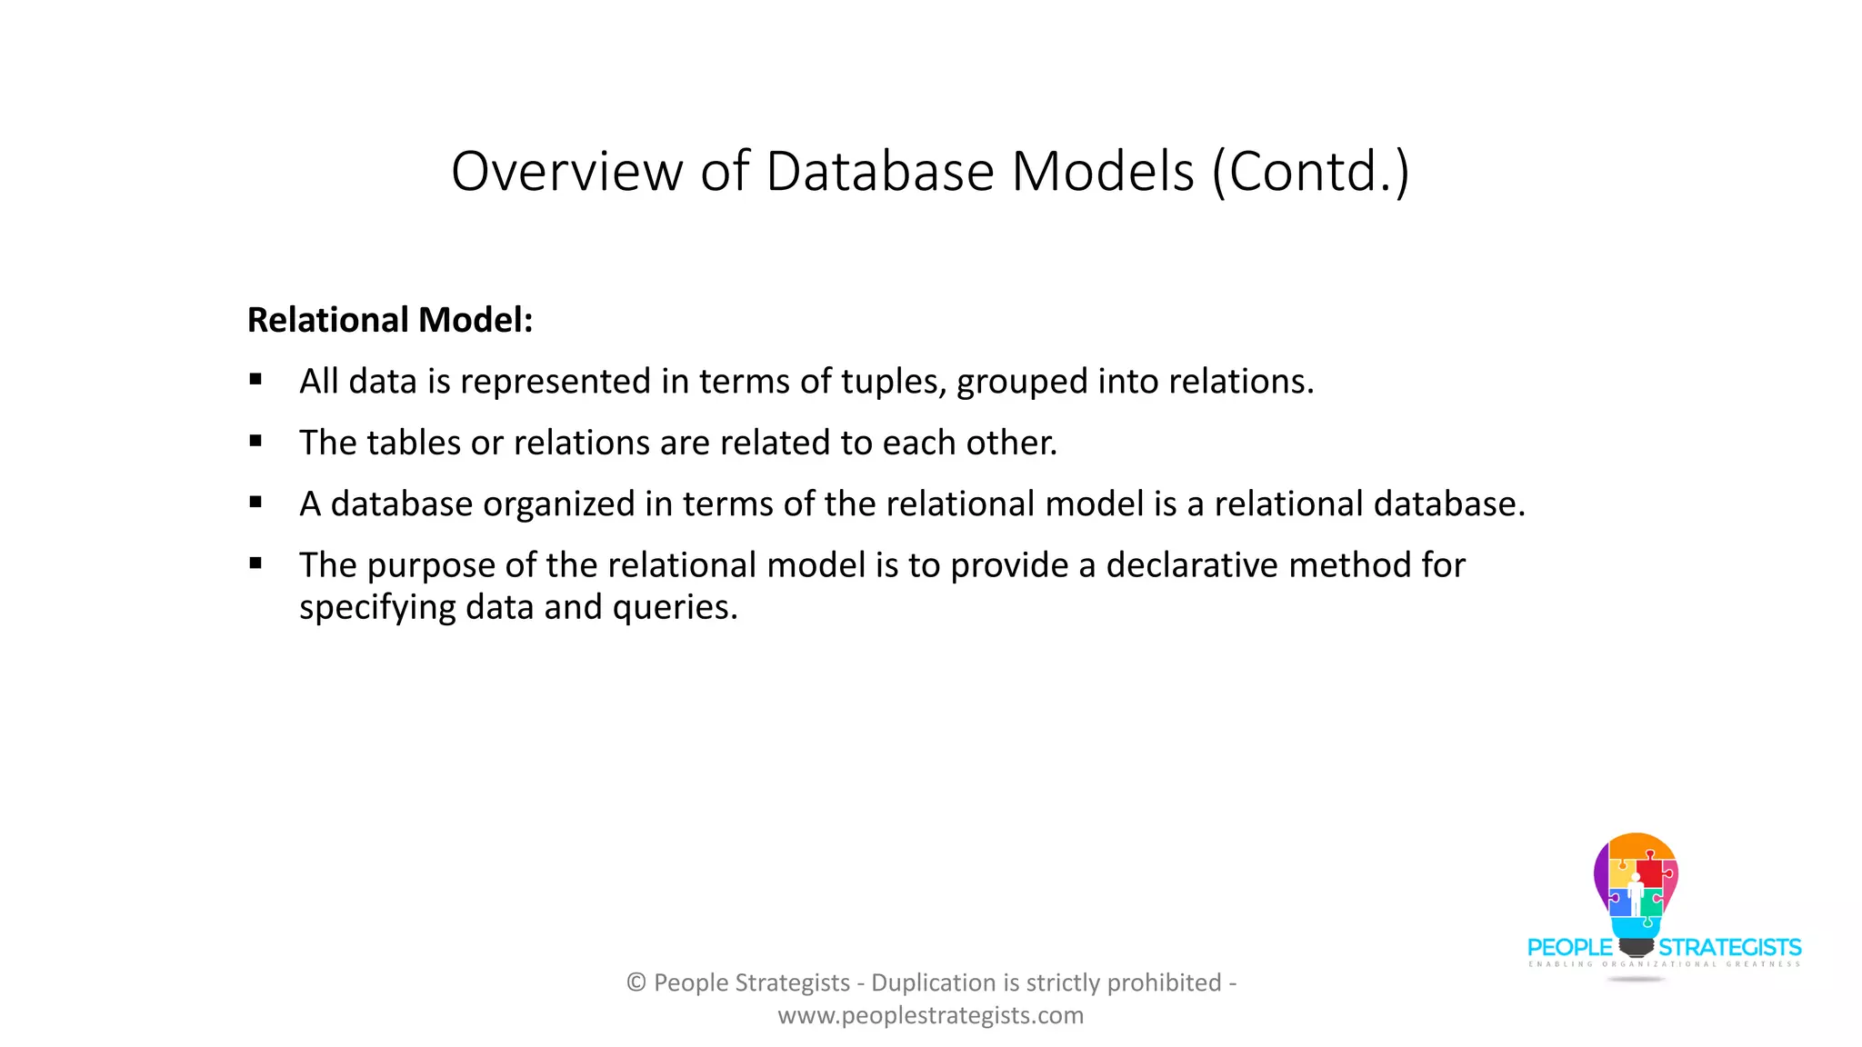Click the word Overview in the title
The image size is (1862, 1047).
pos(566,171)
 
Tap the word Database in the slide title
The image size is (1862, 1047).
pos(880,171)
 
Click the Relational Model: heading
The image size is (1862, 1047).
pos(390,320)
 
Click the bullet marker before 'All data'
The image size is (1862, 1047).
pos(255,380)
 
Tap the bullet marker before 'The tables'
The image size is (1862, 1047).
pos(255,442)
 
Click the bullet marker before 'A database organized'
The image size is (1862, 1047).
pos(255,503)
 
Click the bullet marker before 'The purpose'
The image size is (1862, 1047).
pos(255,563)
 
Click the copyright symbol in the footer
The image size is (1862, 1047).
pos(636,982)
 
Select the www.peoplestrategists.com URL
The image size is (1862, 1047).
pos(930,1015)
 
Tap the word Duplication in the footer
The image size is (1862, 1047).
pos(933,982)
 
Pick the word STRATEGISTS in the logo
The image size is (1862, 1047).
pos(1729,948)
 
